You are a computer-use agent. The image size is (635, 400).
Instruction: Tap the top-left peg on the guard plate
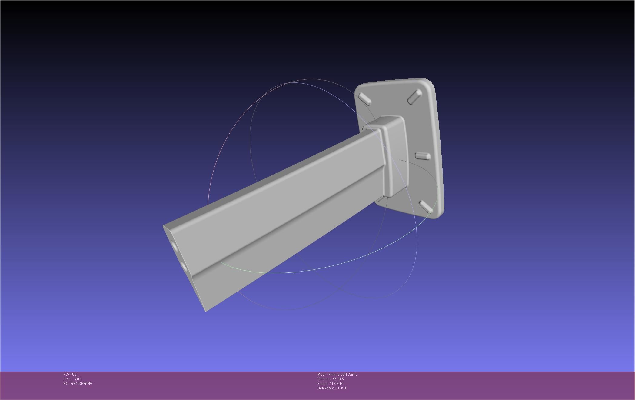click(365, 98)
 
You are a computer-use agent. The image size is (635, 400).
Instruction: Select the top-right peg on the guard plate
click(414, 97)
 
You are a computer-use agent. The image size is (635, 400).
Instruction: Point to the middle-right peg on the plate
click(423, 156)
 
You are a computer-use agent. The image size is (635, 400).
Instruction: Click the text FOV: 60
click(70, 375)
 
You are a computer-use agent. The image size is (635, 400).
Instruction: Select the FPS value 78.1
click(78, 379)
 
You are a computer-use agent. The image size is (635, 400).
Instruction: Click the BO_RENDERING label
click(78, 384)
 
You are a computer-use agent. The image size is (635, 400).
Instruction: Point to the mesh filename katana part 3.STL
click(343, 375)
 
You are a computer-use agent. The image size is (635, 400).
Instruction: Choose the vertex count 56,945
click(338, 379)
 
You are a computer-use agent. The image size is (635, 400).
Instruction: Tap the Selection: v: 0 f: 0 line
click(331, 388)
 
